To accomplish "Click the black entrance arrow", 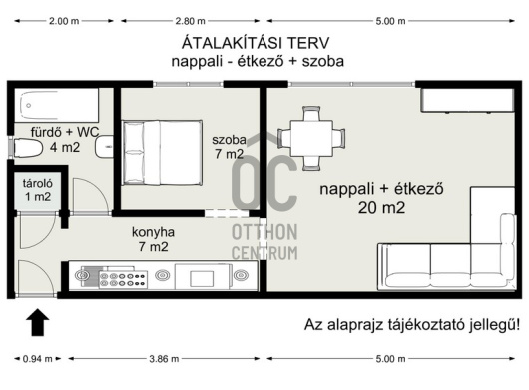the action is click(x=38, y=322).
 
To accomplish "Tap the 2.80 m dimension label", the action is click(x=190, y=21).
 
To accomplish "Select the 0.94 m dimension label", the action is click(x=38, y=359).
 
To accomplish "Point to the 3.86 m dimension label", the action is click(x=164, y=359).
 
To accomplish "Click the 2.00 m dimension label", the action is click(x=64, y=21).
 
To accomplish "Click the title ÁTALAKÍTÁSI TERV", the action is click(x=256, y=43).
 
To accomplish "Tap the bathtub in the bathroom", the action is click(x=57, y=105).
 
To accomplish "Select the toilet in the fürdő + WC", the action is click(x=27, y=148).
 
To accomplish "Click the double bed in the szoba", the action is click(x=163, y=153).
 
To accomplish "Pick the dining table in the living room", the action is click(x=311, y=138).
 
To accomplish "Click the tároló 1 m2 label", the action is click(x=38, y=190).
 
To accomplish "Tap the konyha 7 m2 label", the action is click(x=153, y=239).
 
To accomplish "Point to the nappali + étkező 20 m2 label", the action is click(x=381, y=198).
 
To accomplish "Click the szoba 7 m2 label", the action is click(x=229, y=147).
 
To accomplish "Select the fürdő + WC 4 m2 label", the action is click(x=65, y=140).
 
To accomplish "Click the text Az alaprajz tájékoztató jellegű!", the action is click(x=412, y=324).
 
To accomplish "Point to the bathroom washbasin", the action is click(x=104, y=147).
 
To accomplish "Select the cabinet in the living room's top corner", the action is click(x=467, y=100).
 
